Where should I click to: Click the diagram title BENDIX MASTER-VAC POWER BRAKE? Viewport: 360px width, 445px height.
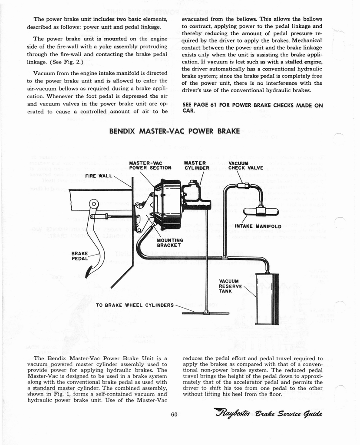point(175,131)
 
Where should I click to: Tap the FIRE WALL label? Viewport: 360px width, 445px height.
point(99,176)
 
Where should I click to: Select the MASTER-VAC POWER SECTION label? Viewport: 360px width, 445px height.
point(150,166)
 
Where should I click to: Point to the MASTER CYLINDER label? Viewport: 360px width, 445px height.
point(197,166)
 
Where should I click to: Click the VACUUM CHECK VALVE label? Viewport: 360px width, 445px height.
point(246,166)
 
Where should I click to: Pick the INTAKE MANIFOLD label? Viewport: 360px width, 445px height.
point(258,226)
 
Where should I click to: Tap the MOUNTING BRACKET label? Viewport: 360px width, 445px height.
point(170,242)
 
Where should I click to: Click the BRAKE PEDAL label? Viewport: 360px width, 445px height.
point(80,256)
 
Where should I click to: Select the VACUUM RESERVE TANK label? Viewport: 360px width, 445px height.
point(231,286)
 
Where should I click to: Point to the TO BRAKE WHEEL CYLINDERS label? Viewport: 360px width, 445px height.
point(135,306)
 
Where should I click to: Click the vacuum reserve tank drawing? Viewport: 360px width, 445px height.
point(268,299)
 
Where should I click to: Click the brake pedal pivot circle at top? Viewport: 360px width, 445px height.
point(94,203)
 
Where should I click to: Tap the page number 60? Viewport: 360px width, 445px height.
point(174,414)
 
